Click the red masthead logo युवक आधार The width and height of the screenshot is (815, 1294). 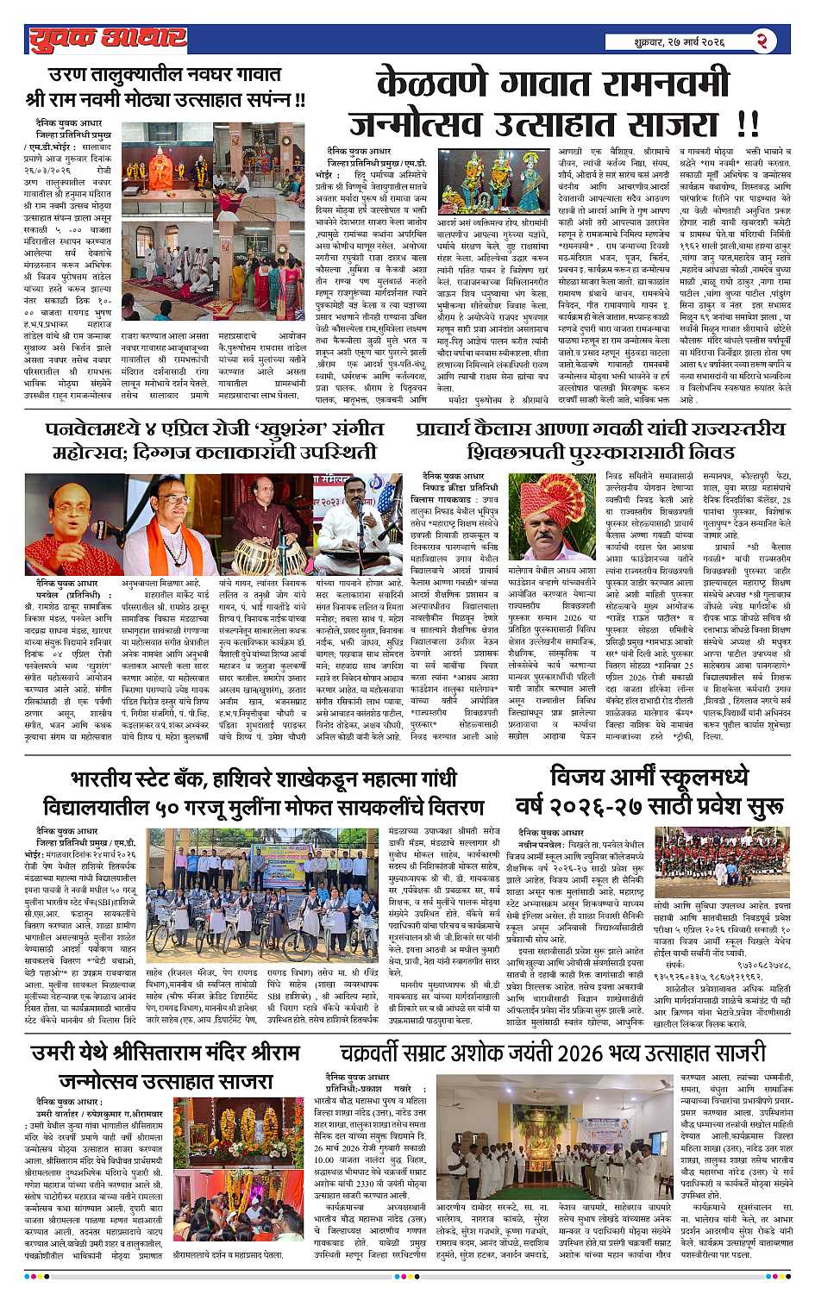(x=105, y=39)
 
